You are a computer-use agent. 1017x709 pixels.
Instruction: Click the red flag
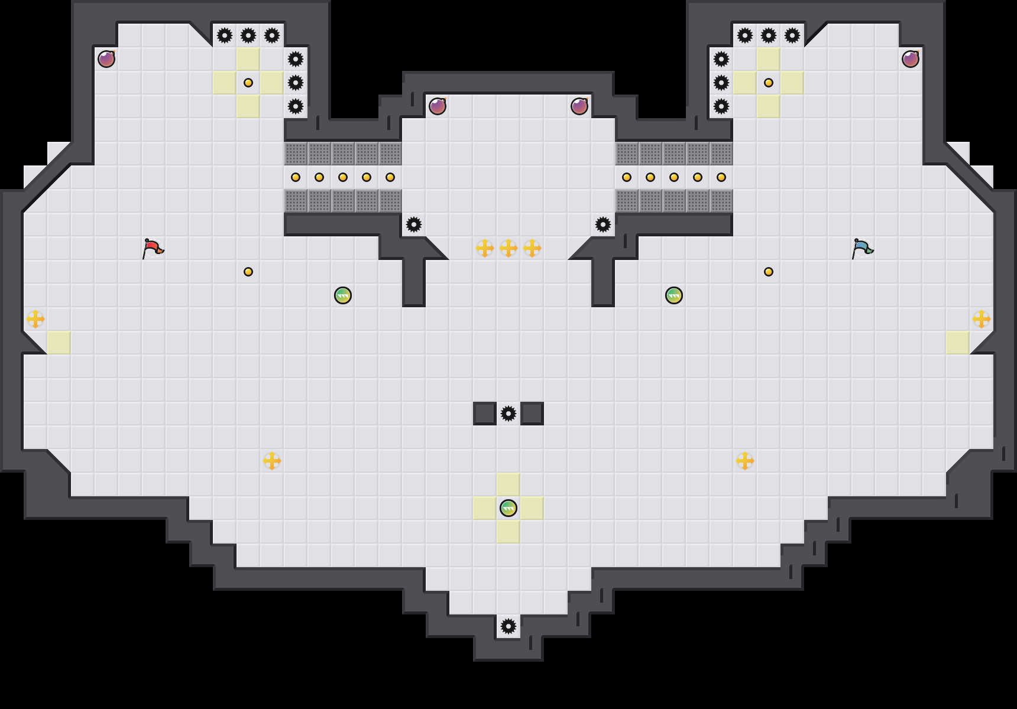[153, 248]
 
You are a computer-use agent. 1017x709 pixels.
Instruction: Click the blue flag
[862, 248]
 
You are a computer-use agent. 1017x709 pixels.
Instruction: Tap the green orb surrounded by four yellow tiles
[508, 508]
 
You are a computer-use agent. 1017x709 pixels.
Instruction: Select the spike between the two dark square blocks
[508, 414]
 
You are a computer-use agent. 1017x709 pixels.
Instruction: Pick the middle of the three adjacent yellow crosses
[508, 248]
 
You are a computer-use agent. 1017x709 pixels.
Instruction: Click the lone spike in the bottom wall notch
[508, 626]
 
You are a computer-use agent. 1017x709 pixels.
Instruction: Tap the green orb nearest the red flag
[343, 295]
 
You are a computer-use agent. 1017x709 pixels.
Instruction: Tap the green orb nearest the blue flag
[674, 295]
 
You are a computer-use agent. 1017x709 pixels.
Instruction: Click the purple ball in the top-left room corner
[106, 59]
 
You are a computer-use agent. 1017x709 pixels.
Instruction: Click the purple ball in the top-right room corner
[911, 59]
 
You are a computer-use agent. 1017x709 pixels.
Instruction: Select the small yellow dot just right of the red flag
[248, 272]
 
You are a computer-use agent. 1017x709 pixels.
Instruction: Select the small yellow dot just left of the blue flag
[769, 272]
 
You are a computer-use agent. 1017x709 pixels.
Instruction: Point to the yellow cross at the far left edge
[35, 319]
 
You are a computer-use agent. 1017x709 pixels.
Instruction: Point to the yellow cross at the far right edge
[982, 319]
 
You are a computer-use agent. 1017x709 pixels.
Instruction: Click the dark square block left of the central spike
[485, 414]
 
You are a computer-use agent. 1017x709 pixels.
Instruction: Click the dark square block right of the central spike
[532, 414]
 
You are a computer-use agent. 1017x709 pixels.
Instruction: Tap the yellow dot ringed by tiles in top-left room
[248, 83]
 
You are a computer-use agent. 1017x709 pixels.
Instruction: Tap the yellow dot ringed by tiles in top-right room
[769, 83]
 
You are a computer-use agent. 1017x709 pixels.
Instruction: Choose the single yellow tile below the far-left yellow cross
[59, 343]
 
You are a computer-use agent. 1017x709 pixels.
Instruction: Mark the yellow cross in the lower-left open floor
[272, 461]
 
